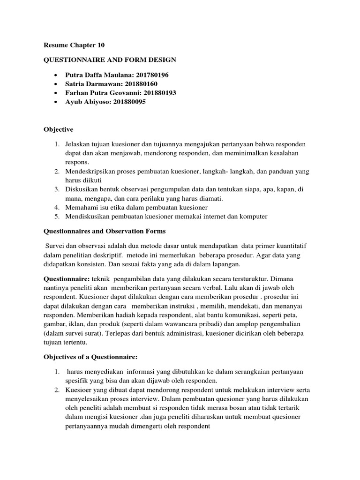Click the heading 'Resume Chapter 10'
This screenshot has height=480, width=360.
click(74, 45)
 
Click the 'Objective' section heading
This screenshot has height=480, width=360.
click(58, 129)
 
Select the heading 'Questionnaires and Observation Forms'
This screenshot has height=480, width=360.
click(105, 231)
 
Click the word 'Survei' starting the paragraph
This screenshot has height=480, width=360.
click(56, 246)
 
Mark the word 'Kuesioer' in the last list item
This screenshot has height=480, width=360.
click(79, 390)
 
